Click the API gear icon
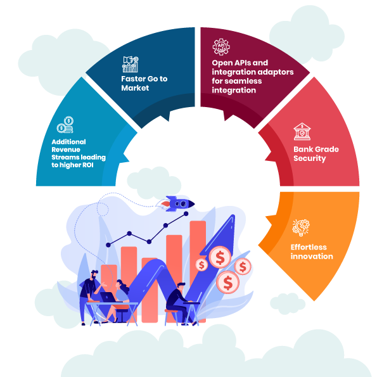221,47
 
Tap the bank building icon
302,131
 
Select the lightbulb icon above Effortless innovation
301,227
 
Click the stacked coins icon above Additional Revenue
65,125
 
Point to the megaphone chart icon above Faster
131,64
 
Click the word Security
310,158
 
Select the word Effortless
309,247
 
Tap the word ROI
88,165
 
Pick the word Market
135,88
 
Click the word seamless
246,81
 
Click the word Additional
69,142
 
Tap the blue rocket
177,203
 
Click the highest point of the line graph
186,214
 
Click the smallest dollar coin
201,265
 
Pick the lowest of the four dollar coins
227,282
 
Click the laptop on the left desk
108,297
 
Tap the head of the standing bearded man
94,274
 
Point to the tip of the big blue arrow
233,215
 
